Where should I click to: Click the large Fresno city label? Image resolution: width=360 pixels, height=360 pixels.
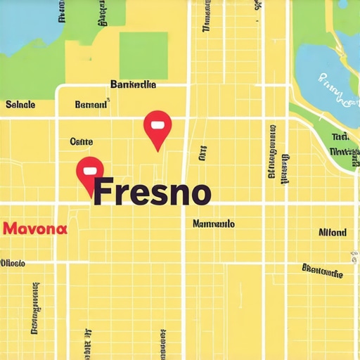(x=152, y=191)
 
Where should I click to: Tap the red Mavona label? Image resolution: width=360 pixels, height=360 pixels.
(x=35, y=229)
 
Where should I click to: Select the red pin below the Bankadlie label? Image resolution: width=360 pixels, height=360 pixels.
(x=157, y=127)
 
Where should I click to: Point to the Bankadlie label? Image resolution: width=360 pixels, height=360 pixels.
(x=134, y=84)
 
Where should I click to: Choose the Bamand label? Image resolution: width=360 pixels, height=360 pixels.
(x=91, y=105)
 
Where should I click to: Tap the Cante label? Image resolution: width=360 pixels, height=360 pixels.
(x=82, y=141)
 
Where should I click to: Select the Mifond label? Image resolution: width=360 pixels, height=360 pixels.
(x=332, y=232)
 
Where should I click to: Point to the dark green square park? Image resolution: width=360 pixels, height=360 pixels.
(x=143, y=56)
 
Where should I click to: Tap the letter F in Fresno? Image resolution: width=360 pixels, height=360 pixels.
(x=103, y=191)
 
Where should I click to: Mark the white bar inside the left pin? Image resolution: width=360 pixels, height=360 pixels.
(x=89, y=169)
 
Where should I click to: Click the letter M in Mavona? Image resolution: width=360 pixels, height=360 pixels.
(x=10, y=229)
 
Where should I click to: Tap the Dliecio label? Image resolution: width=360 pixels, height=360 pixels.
(x=13, y=263)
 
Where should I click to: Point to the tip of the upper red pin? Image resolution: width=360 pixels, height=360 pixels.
(x=157, y=150)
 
